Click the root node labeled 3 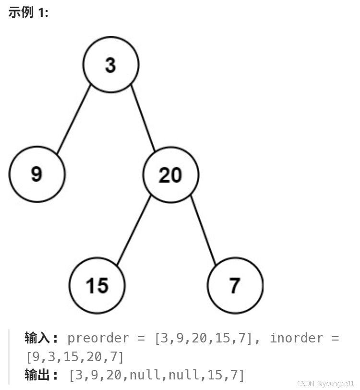pos(111,65)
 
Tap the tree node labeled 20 pos(170,175)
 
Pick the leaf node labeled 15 pos(97,285)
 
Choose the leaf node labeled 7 pos(235,285)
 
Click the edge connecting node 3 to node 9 pos(73,120)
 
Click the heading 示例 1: pos(28,13)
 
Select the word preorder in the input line pos(98,338)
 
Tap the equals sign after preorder pos(141,338)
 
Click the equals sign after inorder pos(334,338)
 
